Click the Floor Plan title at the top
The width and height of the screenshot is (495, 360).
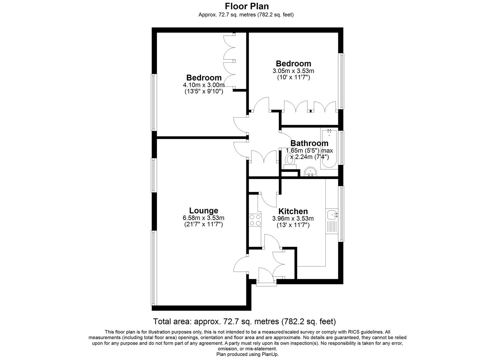[247, 6]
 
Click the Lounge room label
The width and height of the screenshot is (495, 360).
[203, 211]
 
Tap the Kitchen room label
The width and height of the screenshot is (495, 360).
[293, 211]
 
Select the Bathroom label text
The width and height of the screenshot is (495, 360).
[309, 143]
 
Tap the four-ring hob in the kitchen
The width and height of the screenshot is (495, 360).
[253, 220]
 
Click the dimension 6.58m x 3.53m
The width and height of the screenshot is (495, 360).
[203, 218]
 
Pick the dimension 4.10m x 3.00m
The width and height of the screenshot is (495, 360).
[204, 85]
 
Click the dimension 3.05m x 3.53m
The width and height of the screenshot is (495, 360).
[293, 71]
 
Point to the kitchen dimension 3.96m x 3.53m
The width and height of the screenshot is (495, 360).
[293, 219]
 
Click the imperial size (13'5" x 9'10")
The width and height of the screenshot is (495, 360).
[204, 91]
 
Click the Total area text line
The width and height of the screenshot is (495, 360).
[244, 322]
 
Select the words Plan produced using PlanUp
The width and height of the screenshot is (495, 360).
[247, 354]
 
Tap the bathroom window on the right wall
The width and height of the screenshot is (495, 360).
[341, 148]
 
